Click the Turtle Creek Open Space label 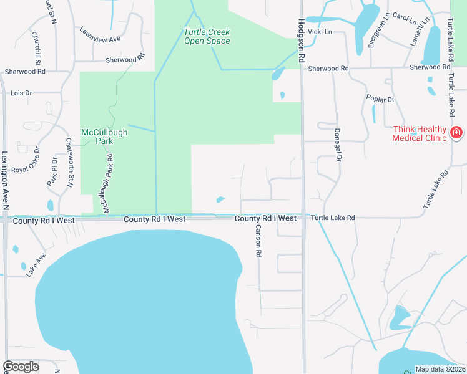[207, 37]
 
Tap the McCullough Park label [105, 137]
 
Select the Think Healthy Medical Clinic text [419, 133]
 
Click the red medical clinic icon [456, 133]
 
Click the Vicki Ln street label [319, 31]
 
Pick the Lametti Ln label [425, 29]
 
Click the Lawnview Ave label [100, 34]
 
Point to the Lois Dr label [21, 93]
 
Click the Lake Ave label [36, 265]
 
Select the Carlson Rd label [257, 241]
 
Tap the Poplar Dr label [382, 99]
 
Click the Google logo [21, 367]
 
